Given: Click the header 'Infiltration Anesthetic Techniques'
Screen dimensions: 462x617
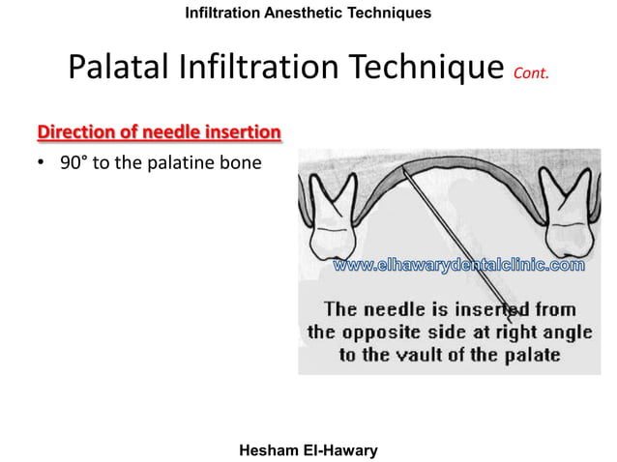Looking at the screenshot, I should pos(308,13).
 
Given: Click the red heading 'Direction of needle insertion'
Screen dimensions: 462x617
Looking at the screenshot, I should pos(159,130).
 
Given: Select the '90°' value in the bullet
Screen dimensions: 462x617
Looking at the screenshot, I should pos(73,162).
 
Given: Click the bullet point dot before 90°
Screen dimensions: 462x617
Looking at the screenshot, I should pos(42,163).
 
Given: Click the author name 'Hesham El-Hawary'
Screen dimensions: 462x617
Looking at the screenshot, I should pos(308,449).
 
